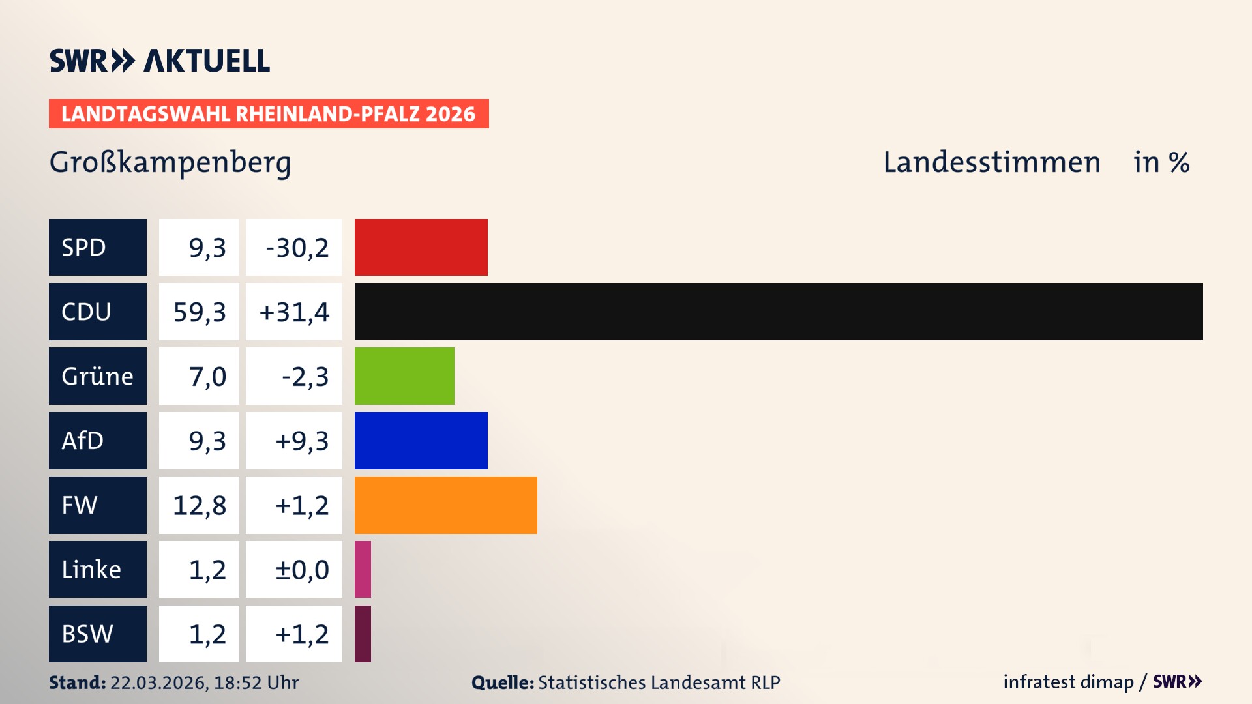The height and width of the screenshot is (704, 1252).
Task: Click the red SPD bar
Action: (x=421, y=247)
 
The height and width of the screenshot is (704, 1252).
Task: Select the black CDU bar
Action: (x=778, y=312)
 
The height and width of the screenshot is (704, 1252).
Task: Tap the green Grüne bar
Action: (x=404, y=376)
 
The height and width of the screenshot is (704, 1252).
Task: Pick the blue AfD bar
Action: (x=421, y=441)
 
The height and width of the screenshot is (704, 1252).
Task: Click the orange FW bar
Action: (x=445, y=505)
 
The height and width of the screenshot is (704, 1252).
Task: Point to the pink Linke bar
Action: (x=363, y=569)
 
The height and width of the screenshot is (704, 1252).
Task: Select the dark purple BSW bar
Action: (x=363, y=634)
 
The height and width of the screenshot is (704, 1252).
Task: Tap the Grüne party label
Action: (x=98, y=376)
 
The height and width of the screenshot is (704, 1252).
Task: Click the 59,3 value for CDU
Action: (x=200, y=312)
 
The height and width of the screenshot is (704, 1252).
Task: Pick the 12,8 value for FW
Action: (x=200, y=505)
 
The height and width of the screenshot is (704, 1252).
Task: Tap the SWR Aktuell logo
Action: (x=160, y=61)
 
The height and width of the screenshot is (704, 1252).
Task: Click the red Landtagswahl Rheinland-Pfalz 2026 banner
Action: (x=269, y=114)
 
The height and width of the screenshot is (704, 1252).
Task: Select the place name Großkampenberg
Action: (x=170, y=163)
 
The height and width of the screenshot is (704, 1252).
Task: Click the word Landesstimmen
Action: (x=991, y=162)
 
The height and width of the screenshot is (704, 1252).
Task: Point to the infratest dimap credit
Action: (x=1068, y=682)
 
